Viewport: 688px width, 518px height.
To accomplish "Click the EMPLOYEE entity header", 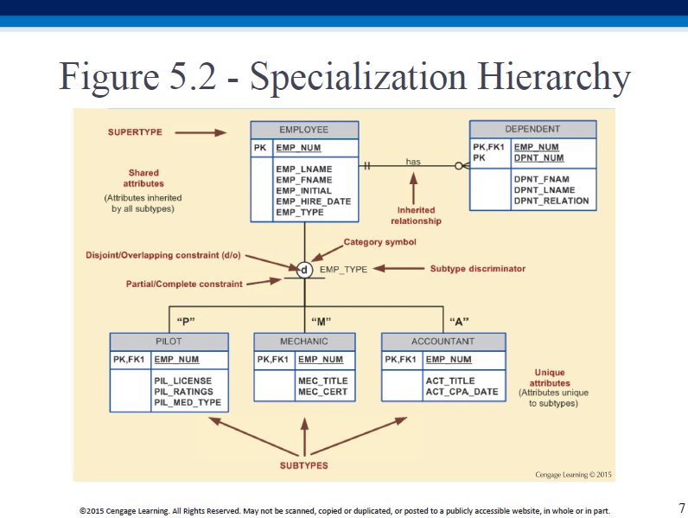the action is click(x=304, y=130).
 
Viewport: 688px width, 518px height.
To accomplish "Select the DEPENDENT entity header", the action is click(x=532, y=129).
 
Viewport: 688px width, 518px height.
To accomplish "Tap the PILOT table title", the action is click(x=169, y=342).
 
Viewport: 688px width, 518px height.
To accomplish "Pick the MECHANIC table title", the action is click(x=304, y=342).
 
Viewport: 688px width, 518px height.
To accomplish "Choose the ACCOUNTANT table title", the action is click(x=443, y=342).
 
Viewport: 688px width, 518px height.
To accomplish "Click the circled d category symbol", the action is click(x=304, y=270).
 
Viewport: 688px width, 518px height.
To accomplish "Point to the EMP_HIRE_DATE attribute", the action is click(x=313, y=201).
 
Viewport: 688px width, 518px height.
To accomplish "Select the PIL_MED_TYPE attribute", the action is click(x=188, y=402).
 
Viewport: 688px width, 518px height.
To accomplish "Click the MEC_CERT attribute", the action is click(x=322, y=392).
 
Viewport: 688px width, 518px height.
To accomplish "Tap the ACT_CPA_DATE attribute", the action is click(x=462, y=392).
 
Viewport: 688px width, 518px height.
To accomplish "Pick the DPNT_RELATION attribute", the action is click(x=551, y=201).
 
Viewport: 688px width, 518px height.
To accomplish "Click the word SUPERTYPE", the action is click(x=135, y=132).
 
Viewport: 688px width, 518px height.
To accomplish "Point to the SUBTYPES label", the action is click(x=304, y=466).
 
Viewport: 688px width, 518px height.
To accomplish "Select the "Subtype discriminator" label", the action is click(x=478, y=269).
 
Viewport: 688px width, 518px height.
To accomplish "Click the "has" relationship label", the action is click(x=413, y=162).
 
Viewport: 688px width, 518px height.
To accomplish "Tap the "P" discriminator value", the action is click(x=186, y=322).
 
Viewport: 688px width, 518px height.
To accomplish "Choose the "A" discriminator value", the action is click(x=459, y=322).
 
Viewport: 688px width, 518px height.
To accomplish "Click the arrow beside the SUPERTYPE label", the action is click(x=201, y=132).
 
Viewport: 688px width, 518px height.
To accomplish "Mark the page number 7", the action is click(x=681, y=508).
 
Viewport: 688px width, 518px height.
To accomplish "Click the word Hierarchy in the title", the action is click(x=554, y=77).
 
